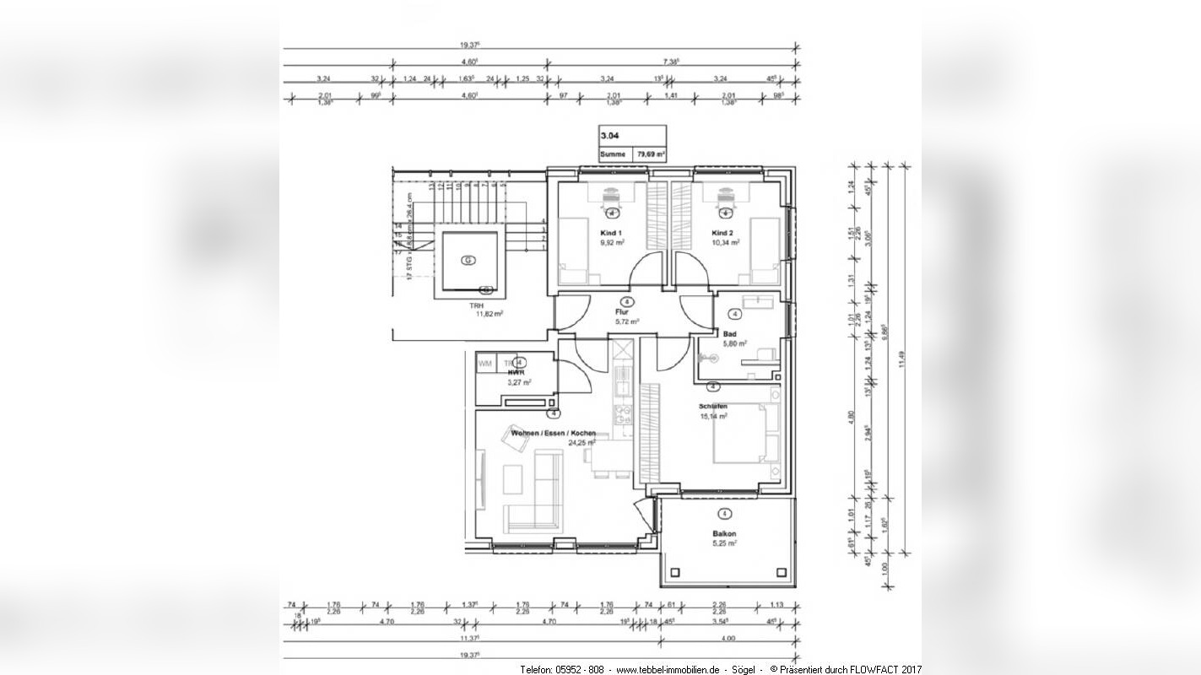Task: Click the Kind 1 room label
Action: click(610, 233)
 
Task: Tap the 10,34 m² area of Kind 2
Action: click(726, 242)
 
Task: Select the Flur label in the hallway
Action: click(623, 311)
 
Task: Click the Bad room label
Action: click(729, 334)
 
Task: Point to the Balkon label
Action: click(724, 533)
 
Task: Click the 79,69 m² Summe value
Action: click(651, 154)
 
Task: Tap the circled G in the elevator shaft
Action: click(468, 261)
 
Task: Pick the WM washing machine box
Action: click(485, 363)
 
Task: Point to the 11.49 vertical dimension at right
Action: click(903, 359)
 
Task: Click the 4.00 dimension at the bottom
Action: click(728, 639)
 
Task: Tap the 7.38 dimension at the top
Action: click(672, 62)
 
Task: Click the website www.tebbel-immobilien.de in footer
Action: click(668, 669)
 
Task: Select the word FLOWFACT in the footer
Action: click(873, 669)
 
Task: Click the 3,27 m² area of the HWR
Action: click(518, 382)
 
